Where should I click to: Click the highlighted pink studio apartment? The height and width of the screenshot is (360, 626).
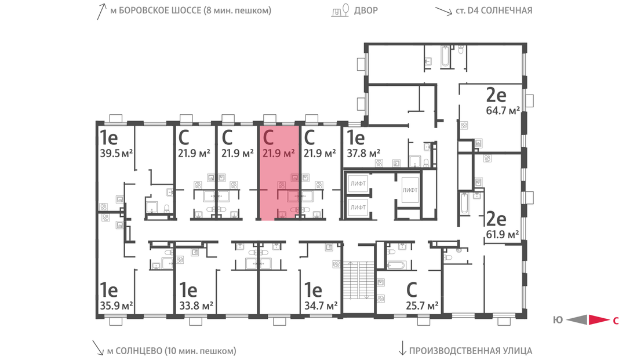coord(279,172)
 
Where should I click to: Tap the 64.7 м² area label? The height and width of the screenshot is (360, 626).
coord(503,111)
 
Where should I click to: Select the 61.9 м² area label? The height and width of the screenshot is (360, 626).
coord(502,234)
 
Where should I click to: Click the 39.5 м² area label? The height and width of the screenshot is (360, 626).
coord(116,153)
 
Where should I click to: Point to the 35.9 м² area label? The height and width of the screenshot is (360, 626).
coord(116,306)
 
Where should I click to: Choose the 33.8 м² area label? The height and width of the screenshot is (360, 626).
coord(196,306)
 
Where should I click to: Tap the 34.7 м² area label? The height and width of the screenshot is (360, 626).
coord(321,306)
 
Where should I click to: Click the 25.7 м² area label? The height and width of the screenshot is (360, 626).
coord(422,306)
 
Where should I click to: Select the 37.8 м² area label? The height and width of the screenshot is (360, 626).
coord(363,153)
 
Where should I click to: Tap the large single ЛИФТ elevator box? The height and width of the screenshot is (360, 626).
coord(410,190)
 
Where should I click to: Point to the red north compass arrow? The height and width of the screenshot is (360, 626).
coord(599,319)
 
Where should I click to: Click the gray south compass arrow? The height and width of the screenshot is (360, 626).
coord(577,319)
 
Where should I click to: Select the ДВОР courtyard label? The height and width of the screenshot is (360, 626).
coord(366,10)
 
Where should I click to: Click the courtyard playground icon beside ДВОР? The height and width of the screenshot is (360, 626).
coord(341,10)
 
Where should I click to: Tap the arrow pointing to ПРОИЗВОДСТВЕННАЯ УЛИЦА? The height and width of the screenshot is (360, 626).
coord(402,348)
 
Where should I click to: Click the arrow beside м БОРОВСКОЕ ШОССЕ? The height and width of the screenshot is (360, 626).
coord(101,12)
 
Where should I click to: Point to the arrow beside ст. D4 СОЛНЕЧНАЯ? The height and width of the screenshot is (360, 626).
coord(443,11)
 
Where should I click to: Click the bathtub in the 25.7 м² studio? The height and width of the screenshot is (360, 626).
coord(396,265)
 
